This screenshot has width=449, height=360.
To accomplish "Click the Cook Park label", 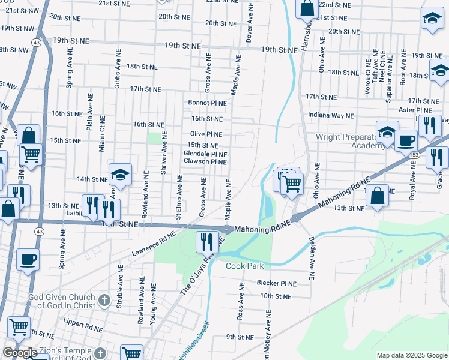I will (244, 266).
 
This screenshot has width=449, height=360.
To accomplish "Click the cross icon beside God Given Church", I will (104, 299).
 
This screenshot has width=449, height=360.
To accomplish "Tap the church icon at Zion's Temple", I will (100, 353).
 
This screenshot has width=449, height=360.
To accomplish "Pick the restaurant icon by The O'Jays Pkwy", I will (207, 241).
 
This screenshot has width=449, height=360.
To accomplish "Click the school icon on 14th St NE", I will (120, 175).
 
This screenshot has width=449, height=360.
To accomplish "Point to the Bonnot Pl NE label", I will (207, 103).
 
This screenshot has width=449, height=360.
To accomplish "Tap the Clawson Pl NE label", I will (205, 161).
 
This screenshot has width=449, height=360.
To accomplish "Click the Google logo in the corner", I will (20, 353).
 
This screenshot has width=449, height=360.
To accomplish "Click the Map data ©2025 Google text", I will (412, 355).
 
